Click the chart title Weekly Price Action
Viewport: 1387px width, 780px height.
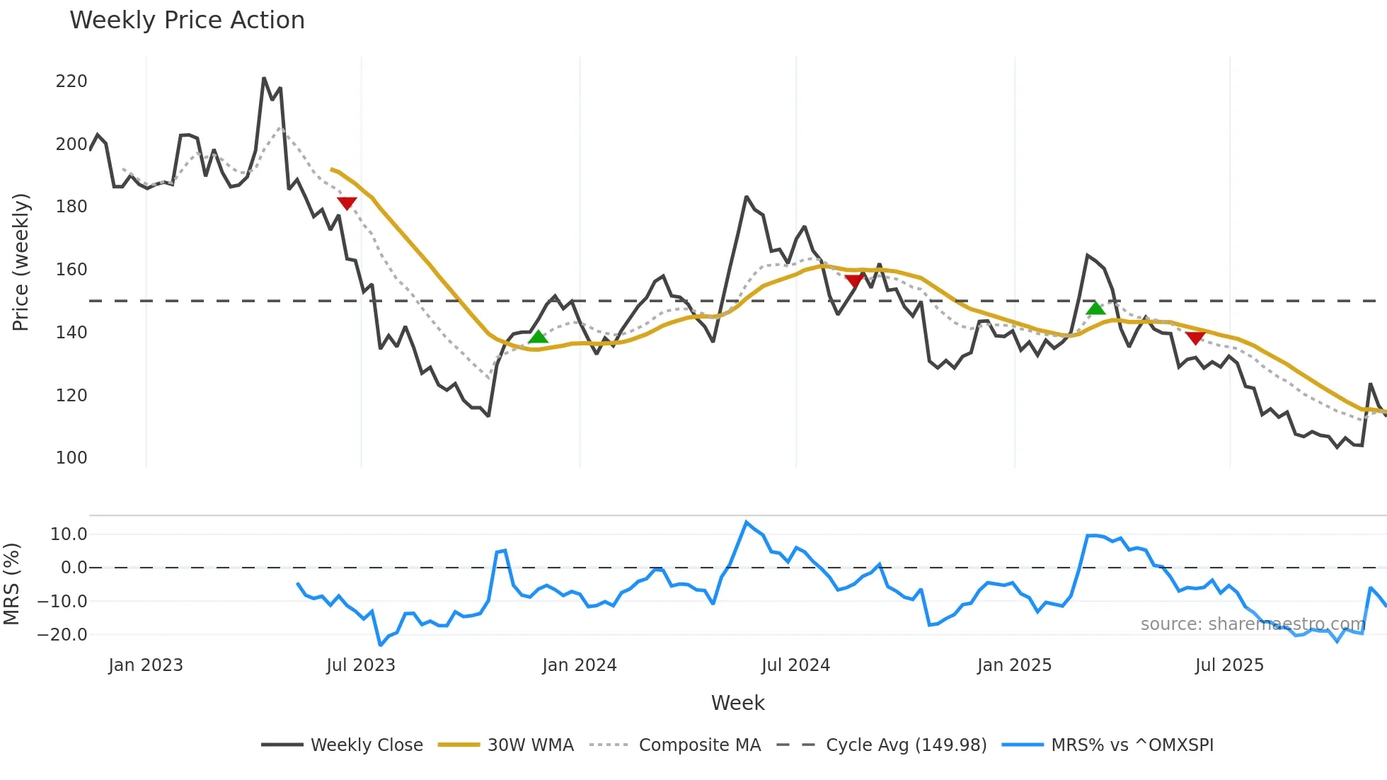[187, 21]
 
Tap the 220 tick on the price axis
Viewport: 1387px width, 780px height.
[71, 81]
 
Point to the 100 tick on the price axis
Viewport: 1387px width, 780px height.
[71, 458]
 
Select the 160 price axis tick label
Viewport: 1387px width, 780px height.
[71, 270]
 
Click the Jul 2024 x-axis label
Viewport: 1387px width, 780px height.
[795, 665]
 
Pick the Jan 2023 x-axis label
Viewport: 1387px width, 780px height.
[146, 665]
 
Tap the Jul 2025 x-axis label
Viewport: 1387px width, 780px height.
[1229, 665]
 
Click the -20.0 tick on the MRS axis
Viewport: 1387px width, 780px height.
[62, 635]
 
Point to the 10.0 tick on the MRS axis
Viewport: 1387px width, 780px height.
[69, 534]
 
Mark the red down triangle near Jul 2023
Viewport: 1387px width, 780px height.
[347, 204]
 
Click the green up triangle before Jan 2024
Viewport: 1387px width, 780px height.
[538, 337]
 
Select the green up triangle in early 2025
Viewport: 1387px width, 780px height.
[1095, 308]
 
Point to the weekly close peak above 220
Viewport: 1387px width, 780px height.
[264, 79]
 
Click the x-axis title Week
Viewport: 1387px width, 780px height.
[737, 703]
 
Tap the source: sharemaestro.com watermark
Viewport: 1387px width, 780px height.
[1253, 624]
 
